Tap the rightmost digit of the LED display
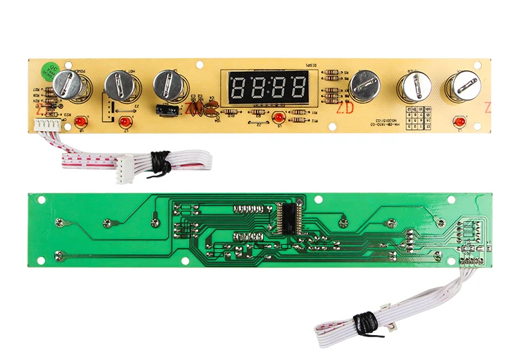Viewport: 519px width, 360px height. pyautogui.click(x=298, y=87)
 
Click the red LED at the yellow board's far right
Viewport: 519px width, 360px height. pyautogui.click(x=458, y=122)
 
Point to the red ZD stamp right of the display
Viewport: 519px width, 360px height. pyautogui.click(x=344, y=109)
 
